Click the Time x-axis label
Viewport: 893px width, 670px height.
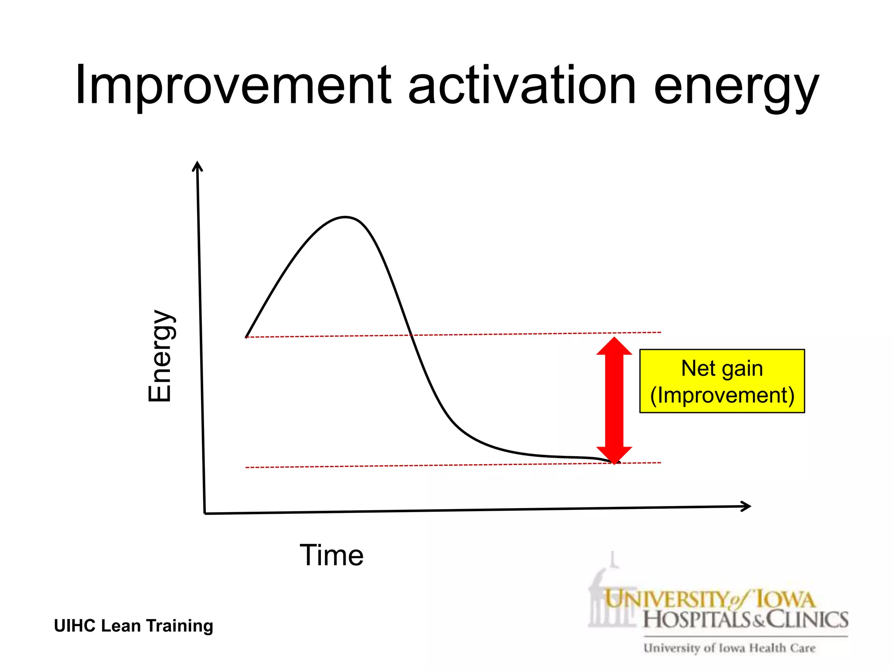point(331,555)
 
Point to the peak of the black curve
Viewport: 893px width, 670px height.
point(345,217)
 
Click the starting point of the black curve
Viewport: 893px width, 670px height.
point(247,337)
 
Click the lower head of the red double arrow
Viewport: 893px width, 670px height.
point(614,455)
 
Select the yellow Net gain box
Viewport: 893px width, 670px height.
point(722,381)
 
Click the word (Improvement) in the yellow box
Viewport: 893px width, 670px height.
point(722,395)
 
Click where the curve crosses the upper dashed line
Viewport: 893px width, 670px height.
point(411,335)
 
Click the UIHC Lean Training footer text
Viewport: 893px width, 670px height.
point(133,626)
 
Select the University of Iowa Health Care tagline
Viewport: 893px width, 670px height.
point(729,648)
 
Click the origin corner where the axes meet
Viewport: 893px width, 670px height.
point(205,513)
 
